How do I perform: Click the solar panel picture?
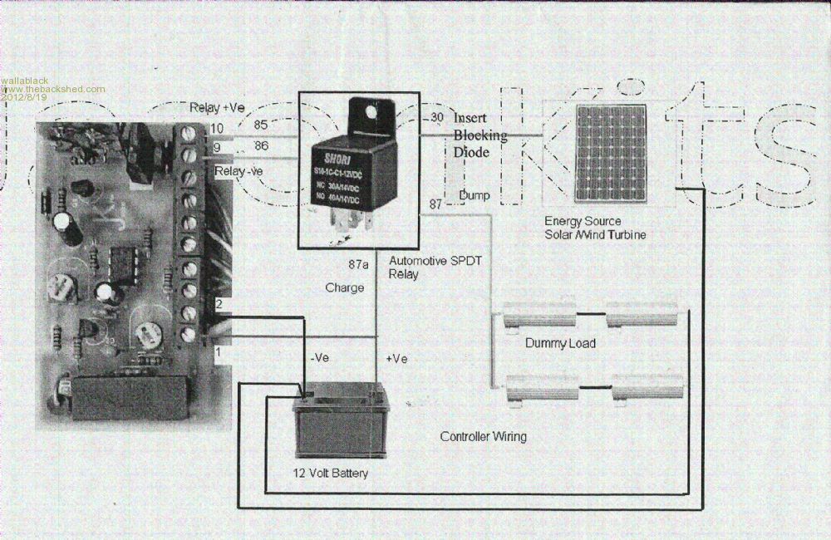pos(611,153)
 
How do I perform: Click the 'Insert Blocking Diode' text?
pos(479,135)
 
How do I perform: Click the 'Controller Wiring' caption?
pos(483,436)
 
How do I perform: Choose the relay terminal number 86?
pos(260,145)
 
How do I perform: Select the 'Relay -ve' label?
pos(238,171)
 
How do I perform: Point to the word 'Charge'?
pos(345,288)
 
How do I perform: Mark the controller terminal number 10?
pos(217,128)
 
